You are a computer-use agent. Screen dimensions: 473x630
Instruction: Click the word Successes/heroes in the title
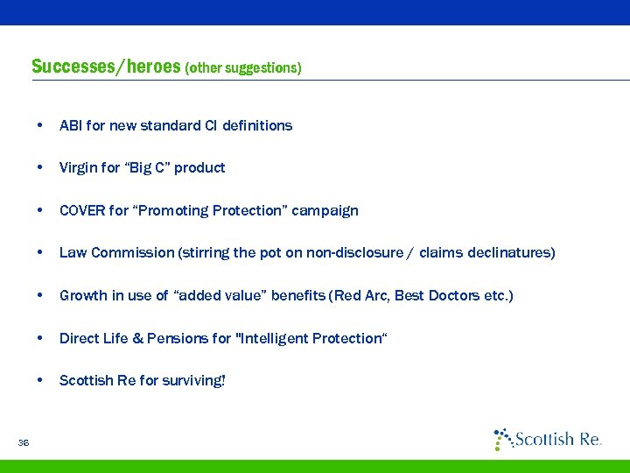(106, 67)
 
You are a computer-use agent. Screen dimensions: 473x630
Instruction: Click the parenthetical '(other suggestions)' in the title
(243, 67)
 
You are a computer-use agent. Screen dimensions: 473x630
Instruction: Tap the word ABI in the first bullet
(71, 125)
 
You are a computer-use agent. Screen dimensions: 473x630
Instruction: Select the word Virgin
(77, 167)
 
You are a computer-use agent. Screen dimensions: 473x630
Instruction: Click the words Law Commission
(116, 252)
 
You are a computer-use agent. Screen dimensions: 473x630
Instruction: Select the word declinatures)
(510, 252)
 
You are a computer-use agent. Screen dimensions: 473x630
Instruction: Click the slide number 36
(23, 443)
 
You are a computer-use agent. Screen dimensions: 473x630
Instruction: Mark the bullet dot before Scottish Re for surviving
(40, 380)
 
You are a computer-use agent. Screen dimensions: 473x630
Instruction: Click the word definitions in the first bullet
(257, 125)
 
